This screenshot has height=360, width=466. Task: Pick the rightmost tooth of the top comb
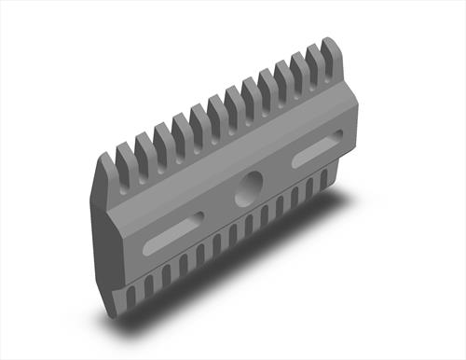pos(333,53)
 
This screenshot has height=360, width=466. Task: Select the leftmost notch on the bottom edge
pos(130,295)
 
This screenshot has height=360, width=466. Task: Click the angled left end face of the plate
pos(105,233)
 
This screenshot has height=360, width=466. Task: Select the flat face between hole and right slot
pos(280,173)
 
